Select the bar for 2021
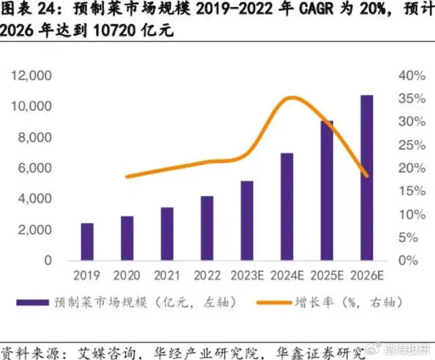167,234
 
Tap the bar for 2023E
247,220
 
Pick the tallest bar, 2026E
366,177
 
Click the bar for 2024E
287,206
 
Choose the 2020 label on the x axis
126,275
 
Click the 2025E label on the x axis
326,275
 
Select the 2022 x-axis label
207,275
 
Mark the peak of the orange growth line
292,98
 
